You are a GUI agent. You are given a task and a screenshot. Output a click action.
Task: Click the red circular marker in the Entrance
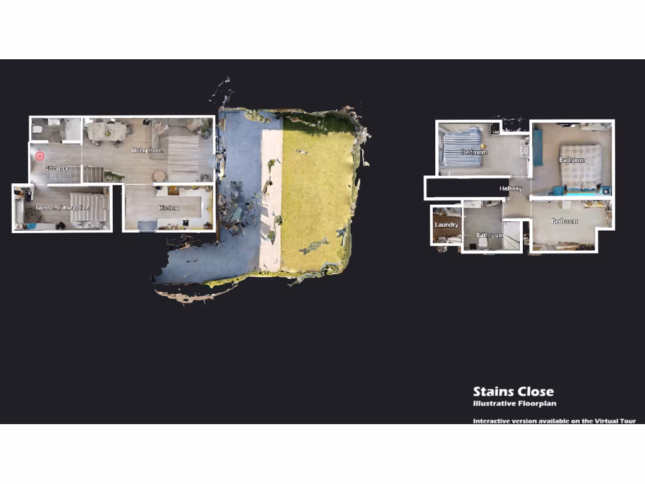pyautogui.click(x=40, y=156)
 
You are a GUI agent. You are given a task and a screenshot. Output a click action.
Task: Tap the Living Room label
pyautogui.click(x=147, y=151)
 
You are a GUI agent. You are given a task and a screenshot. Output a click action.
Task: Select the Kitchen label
pyautogui.click(x=168, y=208)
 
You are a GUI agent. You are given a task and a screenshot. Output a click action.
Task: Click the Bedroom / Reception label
pyautogui.click(x=62, y=208)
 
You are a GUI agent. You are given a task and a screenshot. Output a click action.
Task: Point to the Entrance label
pyautogui.click(x=57, y=168)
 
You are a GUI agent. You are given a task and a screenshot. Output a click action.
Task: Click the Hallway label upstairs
pyautogui.click(x=511, y=188)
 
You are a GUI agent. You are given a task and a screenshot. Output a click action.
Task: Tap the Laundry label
pyautogui.click(x=446, y=225)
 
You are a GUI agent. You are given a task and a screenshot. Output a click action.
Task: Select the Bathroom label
pyautogui.click(x=489, y=236)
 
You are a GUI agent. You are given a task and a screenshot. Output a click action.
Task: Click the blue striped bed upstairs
pyautogui.click(x=462, y=146)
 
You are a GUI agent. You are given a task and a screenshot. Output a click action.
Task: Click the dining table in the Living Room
pyautogui.click(x=106, y=131)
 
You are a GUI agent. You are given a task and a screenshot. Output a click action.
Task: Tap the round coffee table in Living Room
pyautogui.click(x=159, y=176)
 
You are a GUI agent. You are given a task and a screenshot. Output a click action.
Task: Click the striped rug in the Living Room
pyautogui.click(x=183, y=154)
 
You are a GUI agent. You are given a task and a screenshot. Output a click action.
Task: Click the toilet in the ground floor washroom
pyautogui.click(x=38, y=130)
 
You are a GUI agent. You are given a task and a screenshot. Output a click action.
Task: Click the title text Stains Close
pyautogui.click(x=513, y=392)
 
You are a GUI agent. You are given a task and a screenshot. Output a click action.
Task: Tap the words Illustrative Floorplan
pyautogui.click(x=515, y=404)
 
